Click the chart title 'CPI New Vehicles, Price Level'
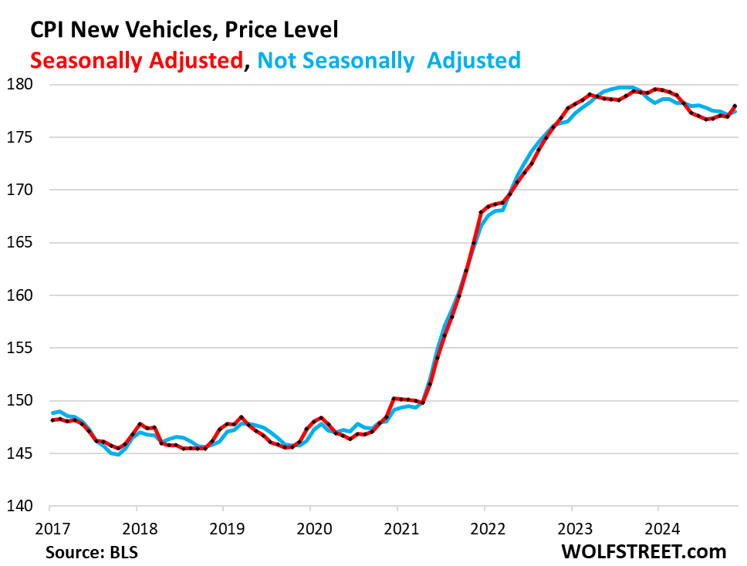tap(184, 30)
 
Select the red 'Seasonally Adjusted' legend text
tap(137, 60)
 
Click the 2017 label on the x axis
tap(49, 531)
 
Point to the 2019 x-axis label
tap(223, 531)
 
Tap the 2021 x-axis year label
tap(397, 531)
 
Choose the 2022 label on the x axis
tap(484, 531)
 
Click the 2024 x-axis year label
tap(657, 531)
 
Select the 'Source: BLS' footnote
tap(86, 552)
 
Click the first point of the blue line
tap(51, 413)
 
